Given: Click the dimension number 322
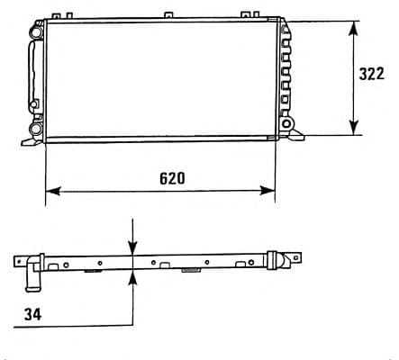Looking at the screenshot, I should click(372, 74).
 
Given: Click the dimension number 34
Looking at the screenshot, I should click(32, 313).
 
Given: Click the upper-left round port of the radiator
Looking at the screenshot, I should click(35, 32).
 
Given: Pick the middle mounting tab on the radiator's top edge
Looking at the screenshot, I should click(168, 16).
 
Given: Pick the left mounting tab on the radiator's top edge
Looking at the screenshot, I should click(59, 16).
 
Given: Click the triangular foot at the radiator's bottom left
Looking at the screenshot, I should click(24, 140).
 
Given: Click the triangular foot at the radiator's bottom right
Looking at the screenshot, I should click(297, 135).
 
